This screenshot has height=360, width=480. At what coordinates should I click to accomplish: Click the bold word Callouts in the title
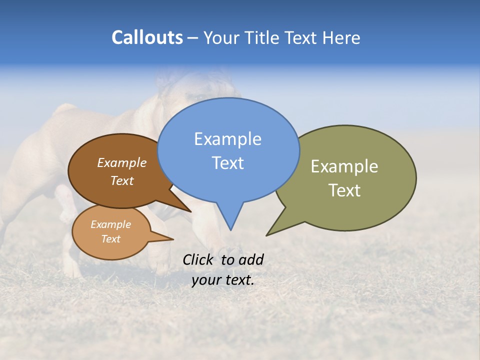[x=147, y=37]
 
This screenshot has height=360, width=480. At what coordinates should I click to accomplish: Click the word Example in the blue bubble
[x=227, y=139]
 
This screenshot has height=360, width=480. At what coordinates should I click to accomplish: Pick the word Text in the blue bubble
[x=227, y=163]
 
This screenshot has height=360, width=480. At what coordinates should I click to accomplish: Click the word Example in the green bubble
[x=344, y=166]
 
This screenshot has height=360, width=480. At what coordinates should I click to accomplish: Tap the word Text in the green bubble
[x=344, y=190]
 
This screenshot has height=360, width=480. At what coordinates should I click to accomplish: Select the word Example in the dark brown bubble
[x=121, y=162]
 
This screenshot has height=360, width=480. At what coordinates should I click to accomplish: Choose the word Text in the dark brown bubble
[x=121, y=180]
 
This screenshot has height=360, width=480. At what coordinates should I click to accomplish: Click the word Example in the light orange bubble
[x=110, y=224]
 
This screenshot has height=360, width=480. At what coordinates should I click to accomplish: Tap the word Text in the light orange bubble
[x=110, y=239]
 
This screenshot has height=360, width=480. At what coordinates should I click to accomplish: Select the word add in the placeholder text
[x=251, y=259]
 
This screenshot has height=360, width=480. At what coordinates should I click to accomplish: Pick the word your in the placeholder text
[x=206, y=280]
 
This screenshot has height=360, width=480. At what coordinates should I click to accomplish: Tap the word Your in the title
[x=222, y=38]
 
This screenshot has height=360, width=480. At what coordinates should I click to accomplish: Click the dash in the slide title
[x=193, y=38]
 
